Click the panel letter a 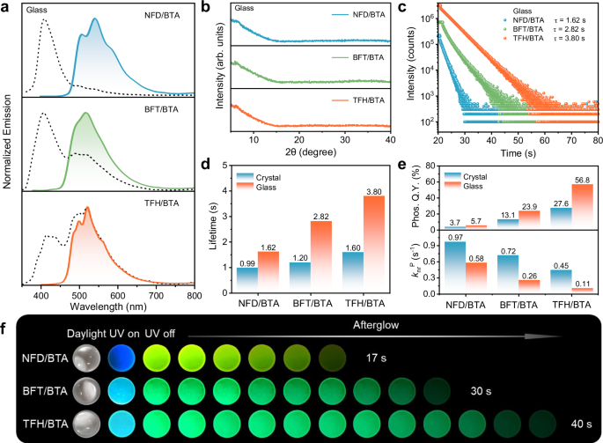pyautogui.click(x=8, y=7)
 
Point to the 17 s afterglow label pyautogui.click(x=380, y=358)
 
